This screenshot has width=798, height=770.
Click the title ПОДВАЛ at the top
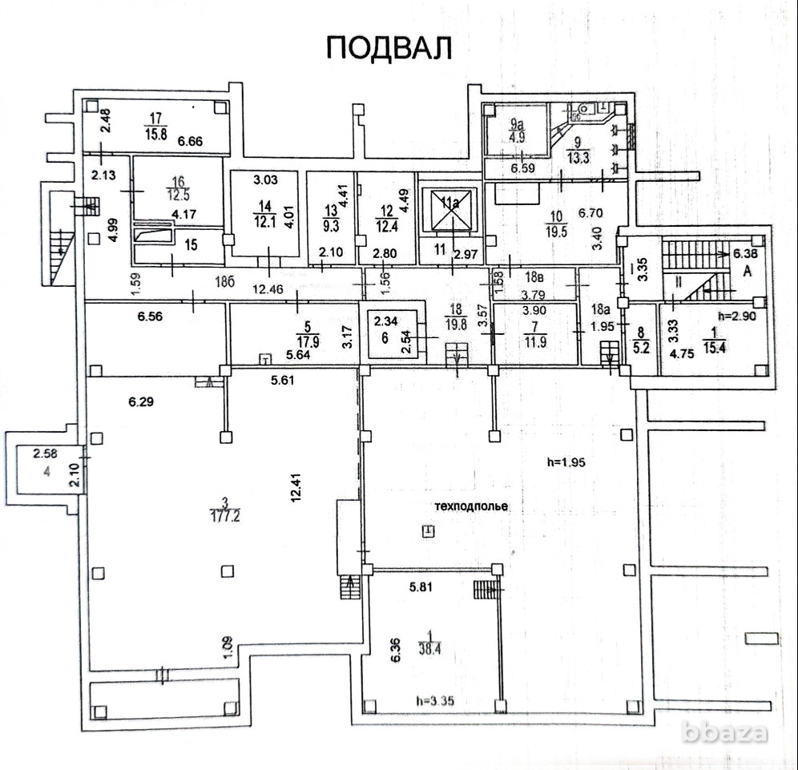(x=389, y=47)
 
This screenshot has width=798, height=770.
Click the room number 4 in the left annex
(x=46, y=470)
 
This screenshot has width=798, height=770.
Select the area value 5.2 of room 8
(x=640, y=348)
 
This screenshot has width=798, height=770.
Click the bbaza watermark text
(x=727, y=732)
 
